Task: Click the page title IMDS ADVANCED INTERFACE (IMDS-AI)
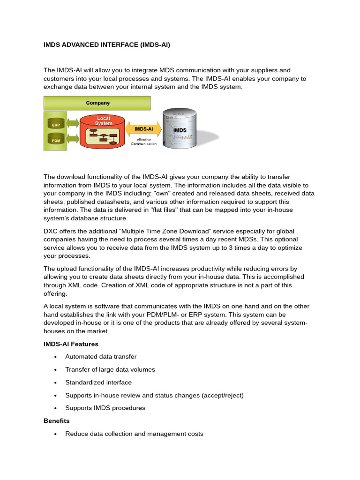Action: tap(106, 45)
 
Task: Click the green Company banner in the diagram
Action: tap(97, 103)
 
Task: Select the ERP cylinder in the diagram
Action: tap(56, 125)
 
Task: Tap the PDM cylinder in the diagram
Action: tap(56, 140)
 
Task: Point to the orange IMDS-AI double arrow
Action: tap(143, 128)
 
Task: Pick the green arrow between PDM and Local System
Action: tap(73, 139)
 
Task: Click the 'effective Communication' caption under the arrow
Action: tap(143, 142)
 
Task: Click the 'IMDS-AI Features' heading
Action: tap(71, 344)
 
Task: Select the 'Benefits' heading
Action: tap(56, 421)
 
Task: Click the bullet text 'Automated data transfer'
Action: tap(101, 357)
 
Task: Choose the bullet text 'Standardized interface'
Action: tap(98, 382)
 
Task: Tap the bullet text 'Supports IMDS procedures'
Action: tap(105, 408)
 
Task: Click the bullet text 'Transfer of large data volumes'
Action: tap(110, 369)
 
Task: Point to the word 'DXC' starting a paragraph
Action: tap(51, 232)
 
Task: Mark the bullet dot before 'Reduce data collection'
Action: tap(55, 434)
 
